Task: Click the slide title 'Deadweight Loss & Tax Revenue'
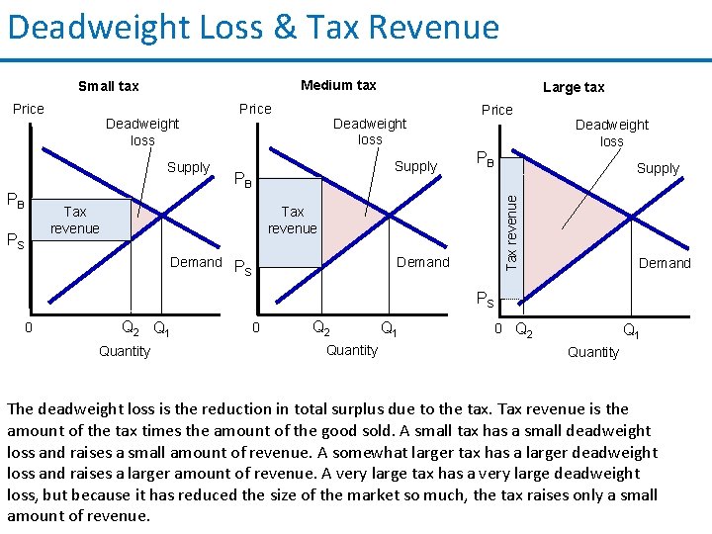point(253,27)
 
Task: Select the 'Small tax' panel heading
point(108,86)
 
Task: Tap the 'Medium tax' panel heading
point(338,85)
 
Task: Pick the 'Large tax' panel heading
point(574,87)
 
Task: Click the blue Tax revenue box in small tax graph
point(75,220)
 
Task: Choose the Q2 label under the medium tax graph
point(321,327)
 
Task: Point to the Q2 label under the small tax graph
point(130,327)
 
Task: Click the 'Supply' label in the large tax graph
point(658,168)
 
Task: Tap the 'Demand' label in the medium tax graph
point(422,262)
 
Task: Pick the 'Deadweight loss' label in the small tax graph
point(142,132)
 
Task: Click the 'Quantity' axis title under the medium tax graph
point(351,350)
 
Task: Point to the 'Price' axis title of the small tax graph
point(28,109)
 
